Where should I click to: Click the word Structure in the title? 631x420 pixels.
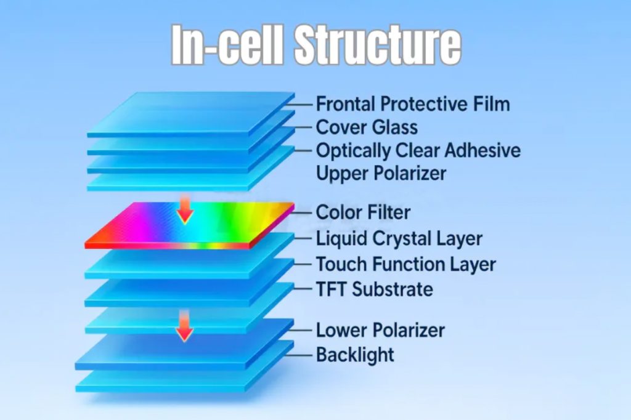(x=378, y=44)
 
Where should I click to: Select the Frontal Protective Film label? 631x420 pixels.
(x=413, y=104)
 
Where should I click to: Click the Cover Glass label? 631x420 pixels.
(x=367, y=127)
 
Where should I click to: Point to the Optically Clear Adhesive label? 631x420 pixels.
(x=418, y=151)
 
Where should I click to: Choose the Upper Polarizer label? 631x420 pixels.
(x=381, y=174)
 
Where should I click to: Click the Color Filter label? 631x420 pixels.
(x=363, y=212)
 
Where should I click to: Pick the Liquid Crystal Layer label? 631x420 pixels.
(x=399, y=238)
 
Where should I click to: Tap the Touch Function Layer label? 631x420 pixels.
(x=405, y=264)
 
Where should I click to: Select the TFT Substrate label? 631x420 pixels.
(x=374, y=289)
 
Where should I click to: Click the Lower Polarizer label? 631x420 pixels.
(x=380, y=330)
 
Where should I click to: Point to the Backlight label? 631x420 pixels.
(x=355, y=355)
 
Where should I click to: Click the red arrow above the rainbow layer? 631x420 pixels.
(x=185, y=208)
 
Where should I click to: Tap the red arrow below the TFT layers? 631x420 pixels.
(x=185, y=326)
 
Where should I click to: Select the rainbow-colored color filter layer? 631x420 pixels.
(x=189, y=225)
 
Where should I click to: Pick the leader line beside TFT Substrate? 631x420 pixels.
(x=303, y=289)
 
